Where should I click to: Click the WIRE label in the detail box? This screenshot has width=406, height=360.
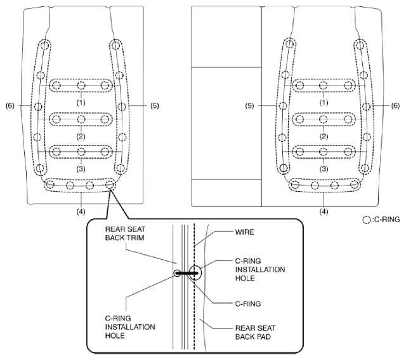244,232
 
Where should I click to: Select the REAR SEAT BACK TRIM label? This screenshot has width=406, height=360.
125,233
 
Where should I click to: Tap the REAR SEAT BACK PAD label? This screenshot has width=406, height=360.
255,332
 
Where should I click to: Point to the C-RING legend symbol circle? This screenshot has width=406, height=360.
367,220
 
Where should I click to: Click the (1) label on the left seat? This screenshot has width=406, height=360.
81,103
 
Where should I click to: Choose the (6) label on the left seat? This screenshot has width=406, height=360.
10,106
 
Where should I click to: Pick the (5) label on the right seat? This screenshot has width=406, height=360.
249,106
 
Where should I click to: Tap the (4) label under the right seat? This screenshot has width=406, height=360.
324,212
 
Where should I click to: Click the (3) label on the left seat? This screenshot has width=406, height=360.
81,169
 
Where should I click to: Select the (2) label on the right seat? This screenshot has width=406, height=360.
324,137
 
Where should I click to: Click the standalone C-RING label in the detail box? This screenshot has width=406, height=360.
248,303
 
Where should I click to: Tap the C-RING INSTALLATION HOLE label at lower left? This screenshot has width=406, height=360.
130,327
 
